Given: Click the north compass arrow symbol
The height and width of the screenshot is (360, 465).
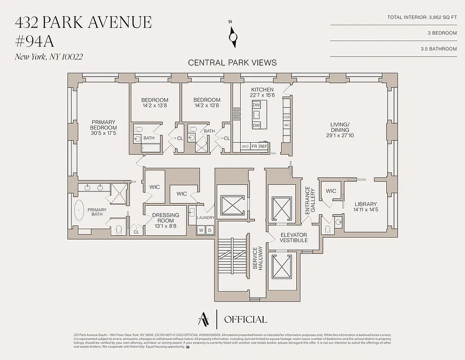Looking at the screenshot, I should (x=232, y=36).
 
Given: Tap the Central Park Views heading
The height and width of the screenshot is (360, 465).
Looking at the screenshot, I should (x=232, y=63).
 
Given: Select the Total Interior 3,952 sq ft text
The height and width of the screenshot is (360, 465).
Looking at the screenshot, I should (x=422, y=18).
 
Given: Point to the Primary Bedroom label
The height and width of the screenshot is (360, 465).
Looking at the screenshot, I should (x=103, y=128).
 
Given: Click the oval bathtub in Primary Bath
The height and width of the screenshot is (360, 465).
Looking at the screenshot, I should (x=79, y=211).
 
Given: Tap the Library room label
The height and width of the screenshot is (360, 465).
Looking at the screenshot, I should (x=365, y=207).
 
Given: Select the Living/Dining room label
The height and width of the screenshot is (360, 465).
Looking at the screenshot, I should (x=340, y=130).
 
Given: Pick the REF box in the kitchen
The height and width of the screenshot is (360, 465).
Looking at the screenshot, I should (x=263, y=147).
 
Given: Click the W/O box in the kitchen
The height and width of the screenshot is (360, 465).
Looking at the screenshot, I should (x=245, y=147).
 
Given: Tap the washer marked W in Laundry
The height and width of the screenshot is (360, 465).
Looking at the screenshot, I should (x=201, y=230).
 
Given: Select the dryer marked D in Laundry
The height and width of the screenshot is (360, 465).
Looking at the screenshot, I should (x=209, y=230).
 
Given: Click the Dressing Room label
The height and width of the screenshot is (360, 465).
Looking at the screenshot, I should (x=165, y=218).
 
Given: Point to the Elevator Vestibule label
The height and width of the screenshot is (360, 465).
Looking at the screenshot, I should (x=294, y=238).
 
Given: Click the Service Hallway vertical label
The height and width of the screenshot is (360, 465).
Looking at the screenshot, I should (x=257, y=258).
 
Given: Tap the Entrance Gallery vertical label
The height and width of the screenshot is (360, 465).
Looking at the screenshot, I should (x=310, y=199).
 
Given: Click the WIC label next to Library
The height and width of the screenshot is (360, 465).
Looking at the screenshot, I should (x=331, y=191).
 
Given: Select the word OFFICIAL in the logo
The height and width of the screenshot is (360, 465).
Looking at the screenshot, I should (x=245, y=319).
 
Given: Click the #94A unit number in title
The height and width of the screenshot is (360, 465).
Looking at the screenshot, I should (x=35, y=41).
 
